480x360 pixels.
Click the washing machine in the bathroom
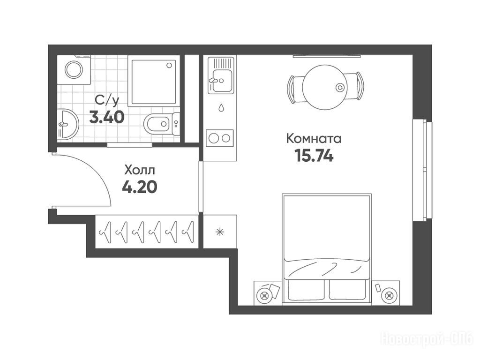(x=74, y=70)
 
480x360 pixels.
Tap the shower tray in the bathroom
(x=154, y=81)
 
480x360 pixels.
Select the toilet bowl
(x=162, y=124)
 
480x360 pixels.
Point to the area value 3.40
(x=106, y=117)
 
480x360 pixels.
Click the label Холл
(x=140, y=170)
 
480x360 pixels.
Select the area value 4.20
(x=140, y=187)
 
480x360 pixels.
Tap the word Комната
(x=314, y=139)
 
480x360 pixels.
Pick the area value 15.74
(x=314, y=156)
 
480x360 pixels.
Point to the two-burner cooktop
(x=219, y=138)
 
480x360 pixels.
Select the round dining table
(x=325, y=88)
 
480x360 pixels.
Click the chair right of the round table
(x=355, y=87)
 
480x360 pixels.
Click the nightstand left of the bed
(x=268, y=292)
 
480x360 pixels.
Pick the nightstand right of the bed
(x=385, y=292)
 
